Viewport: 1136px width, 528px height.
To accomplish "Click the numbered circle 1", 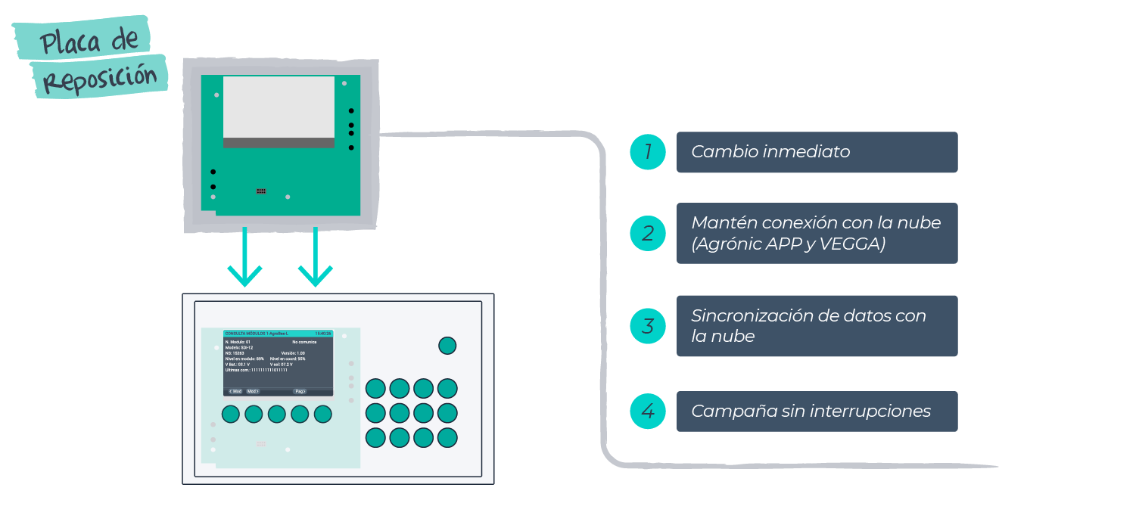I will pos(648,152).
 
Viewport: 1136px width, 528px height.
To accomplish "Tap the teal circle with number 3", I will pos(648,326).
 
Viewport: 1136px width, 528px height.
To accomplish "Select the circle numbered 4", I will pos(648,412).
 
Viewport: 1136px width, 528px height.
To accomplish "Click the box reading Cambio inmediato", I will pos(817,152).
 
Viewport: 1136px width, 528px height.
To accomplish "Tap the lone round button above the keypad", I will pos(447,346).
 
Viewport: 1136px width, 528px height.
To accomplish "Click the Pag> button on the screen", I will pos(300,391).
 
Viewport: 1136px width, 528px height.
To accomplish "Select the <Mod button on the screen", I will pos(235,391).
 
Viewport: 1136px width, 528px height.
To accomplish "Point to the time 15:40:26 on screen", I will pos(323,333).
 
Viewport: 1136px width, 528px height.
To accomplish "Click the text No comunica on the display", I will pos(303,342).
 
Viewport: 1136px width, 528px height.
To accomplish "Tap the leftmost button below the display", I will pos(231,414).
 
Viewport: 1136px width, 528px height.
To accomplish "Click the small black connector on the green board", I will pos(261,191).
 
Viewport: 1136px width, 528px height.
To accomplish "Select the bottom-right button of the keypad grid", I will pos(447,437).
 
